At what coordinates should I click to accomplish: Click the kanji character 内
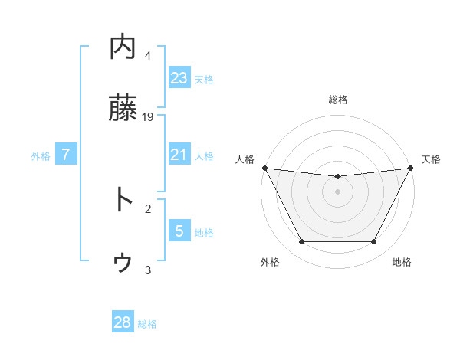pyautogui.click(x=123, y=47)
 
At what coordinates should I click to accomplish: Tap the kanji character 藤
pyautogui.click(x=123, y=108)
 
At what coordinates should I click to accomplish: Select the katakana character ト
pyautogui.click(x=123, y=200)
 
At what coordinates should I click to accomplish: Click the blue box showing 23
pyautogui.click(x=179, y=77)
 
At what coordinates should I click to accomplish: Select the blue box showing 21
pyautogui.click(x=179, y=154)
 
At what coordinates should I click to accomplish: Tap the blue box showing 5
pyautogui.click(x=179, y=231)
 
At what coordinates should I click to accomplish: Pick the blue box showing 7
pyautogui.click(x=66, y=154)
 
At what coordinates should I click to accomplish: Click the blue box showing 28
pyautogui.click(x=123, y=322)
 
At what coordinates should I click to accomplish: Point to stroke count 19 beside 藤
pyautogui.click(x=149, y=116)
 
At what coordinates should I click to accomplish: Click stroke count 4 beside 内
pyautogui.click(x=148, y=55)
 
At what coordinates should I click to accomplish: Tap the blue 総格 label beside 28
pyautogui.click(x=147, y=324)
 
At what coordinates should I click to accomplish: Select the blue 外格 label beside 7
pyautogui.click(x=41, y=155)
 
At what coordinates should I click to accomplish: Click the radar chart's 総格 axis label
pyautogui.click(x=337, y=100)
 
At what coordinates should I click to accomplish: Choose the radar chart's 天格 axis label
pyautogui.click(x=431, y=159)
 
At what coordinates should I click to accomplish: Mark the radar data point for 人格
pyautogui.click(x=264, y=168)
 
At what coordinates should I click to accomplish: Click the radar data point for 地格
pyautogui.click(x=373, y=241)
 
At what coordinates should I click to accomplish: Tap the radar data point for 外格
pyautogui.click(x=301, y=241)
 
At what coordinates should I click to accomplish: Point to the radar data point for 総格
pyautogui.click(x=337, y=177)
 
